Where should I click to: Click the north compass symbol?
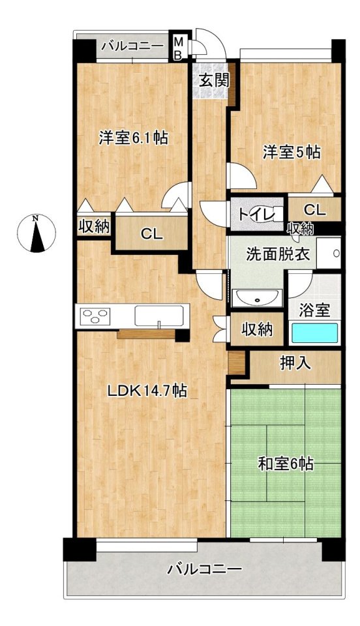click(x=37, y=233)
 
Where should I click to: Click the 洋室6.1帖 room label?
click(x=133, y=138)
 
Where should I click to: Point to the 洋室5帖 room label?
click(x=292, y=152)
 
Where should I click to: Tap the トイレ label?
click(x=256, y=215)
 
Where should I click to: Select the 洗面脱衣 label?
click(x=277, y=255)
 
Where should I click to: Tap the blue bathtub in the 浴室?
click(x=314, y=333)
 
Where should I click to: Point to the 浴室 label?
click(x=314, y=310)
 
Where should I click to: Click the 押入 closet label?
click(x=294, y=364)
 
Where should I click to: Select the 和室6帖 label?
click(x=286, y=464)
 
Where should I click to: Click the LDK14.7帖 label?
click(x=147, y=391)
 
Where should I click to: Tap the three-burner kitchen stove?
click(x=95, y=316)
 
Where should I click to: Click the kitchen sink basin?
click(x=160, y=316)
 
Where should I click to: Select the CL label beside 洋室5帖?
click(x=315, y=210)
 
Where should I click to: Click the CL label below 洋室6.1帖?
click(x=152, y=235)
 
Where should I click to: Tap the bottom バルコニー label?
click(x=204, y=568)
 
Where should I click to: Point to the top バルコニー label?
click(x=132, y=46)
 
